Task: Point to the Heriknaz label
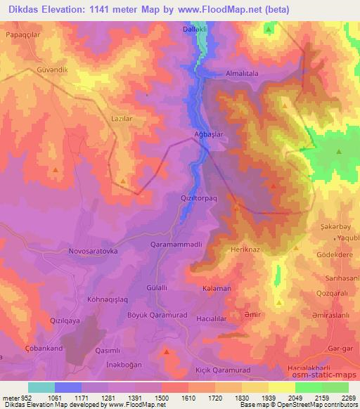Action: tap(246, 249)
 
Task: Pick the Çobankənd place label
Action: tap(42, 348)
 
